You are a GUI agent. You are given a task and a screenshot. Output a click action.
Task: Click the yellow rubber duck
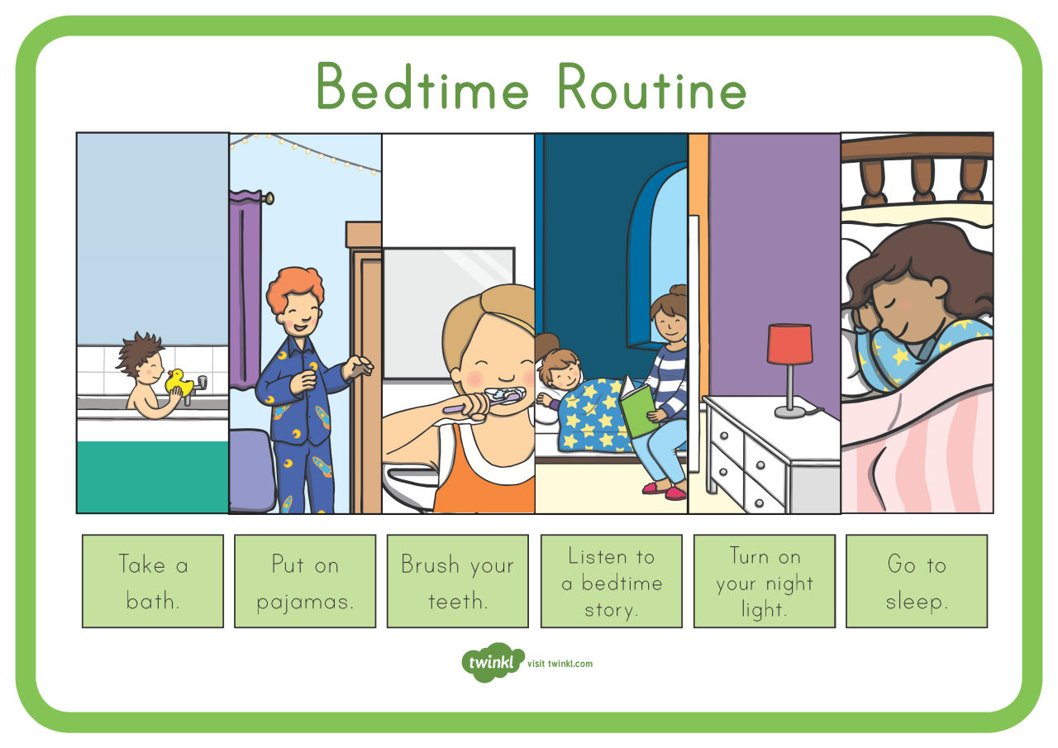pos(177,383)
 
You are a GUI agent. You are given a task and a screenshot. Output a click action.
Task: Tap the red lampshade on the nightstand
pos(789,344)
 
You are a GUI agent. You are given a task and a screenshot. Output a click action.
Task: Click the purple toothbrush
pos(479,403)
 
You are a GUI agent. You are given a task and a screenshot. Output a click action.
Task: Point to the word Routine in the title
pos(651,88)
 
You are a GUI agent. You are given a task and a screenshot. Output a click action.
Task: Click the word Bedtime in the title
pos(422,88)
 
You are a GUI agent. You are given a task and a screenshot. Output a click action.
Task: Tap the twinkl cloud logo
pos(493,662)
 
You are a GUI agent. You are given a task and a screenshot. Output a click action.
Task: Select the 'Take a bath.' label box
pos(153,581)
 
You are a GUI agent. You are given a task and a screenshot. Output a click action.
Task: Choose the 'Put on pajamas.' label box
pos(305,581)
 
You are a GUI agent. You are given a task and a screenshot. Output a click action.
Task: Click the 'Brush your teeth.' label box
pos(457,581)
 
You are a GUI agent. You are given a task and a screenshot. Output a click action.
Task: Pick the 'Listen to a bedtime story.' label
pos(612,581)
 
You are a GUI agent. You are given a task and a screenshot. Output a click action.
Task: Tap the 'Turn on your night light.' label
pos(765,581)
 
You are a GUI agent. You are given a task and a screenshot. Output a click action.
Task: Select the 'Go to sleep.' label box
pos(917,581)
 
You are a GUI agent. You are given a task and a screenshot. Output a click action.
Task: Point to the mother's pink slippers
pos(665,492)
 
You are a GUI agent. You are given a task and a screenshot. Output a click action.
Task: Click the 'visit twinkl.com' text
pos(565,664)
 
